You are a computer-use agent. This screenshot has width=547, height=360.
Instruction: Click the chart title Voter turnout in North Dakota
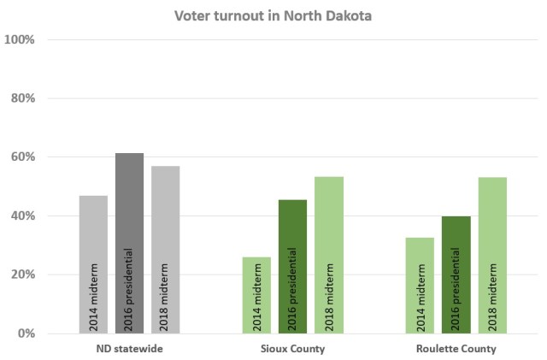click(273, 15)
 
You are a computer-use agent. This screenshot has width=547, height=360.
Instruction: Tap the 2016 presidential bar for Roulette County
click(456, 274)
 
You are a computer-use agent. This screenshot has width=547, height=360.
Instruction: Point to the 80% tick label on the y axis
click(22, 98)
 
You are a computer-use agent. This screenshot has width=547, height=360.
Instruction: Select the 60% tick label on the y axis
click(22, 157)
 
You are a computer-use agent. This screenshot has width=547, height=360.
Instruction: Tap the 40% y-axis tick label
click(22, 215)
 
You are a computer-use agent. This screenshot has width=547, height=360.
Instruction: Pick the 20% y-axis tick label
click(22, 274)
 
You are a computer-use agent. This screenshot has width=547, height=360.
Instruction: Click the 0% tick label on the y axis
click(26, 333)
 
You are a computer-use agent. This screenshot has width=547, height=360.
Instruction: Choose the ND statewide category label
click(129, 349)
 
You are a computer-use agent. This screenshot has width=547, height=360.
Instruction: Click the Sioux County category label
click(292, 349)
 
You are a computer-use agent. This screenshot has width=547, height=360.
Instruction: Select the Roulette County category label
click(456, 349)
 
